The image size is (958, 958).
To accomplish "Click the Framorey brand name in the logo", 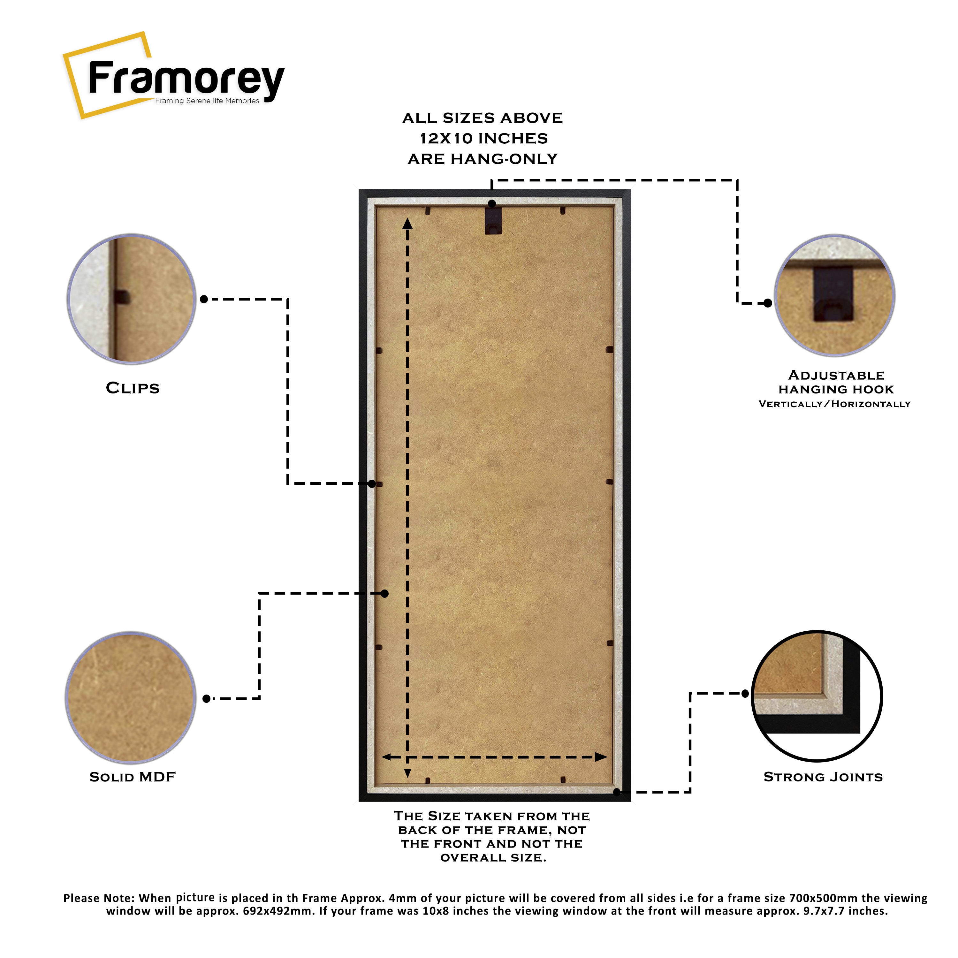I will pyautogui.click(x=186, y=79).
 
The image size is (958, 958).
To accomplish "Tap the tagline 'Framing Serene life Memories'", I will pyautogui.click(x=207, y=101).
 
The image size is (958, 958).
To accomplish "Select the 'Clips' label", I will pyautogui.click(x=133, y=388).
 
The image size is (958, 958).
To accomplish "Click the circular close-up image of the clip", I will pyautogui.click(x=131, y=299).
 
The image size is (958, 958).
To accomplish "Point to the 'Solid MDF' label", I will pyautogui.click(x=133, y=777).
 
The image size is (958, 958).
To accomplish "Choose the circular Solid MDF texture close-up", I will pyautogui.click(x=130, y=698).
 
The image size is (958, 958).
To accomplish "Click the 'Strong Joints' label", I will pyautogui.click(x=823, y=777).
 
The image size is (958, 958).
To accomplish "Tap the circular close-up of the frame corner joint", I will pyautogui.click(x=817, y=696).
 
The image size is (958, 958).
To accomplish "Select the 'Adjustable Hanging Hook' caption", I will pyautogui.click(x=836, y=382).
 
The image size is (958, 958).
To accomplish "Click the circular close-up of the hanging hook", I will pyautogui.click(x=834, y=295).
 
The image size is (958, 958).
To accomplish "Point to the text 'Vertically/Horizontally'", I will pyautogui.click(x=834, y=404).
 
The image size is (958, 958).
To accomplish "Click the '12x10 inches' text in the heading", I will pyautogui.click(x=483, y=138).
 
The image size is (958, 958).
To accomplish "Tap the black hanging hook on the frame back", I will pyautogui.click(x=493, y=220).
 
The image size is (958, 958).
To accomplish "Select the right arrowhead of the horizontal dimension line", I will pyautogui.click(x=601, y=757).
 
